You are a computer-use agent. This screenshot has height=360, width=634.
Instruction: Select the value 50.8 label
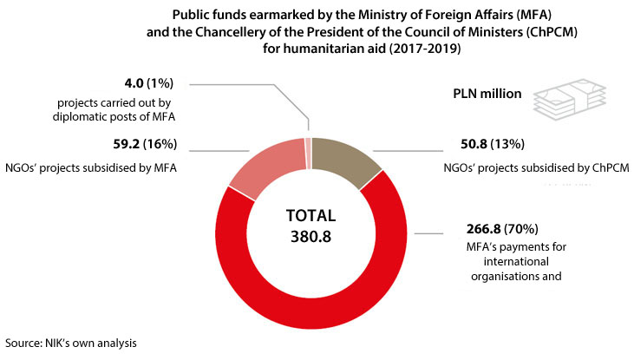click(x=475, y=143)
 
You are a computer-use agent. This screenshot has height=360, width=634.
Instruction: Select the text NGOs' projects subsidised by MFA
click(x=90, y=166)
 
